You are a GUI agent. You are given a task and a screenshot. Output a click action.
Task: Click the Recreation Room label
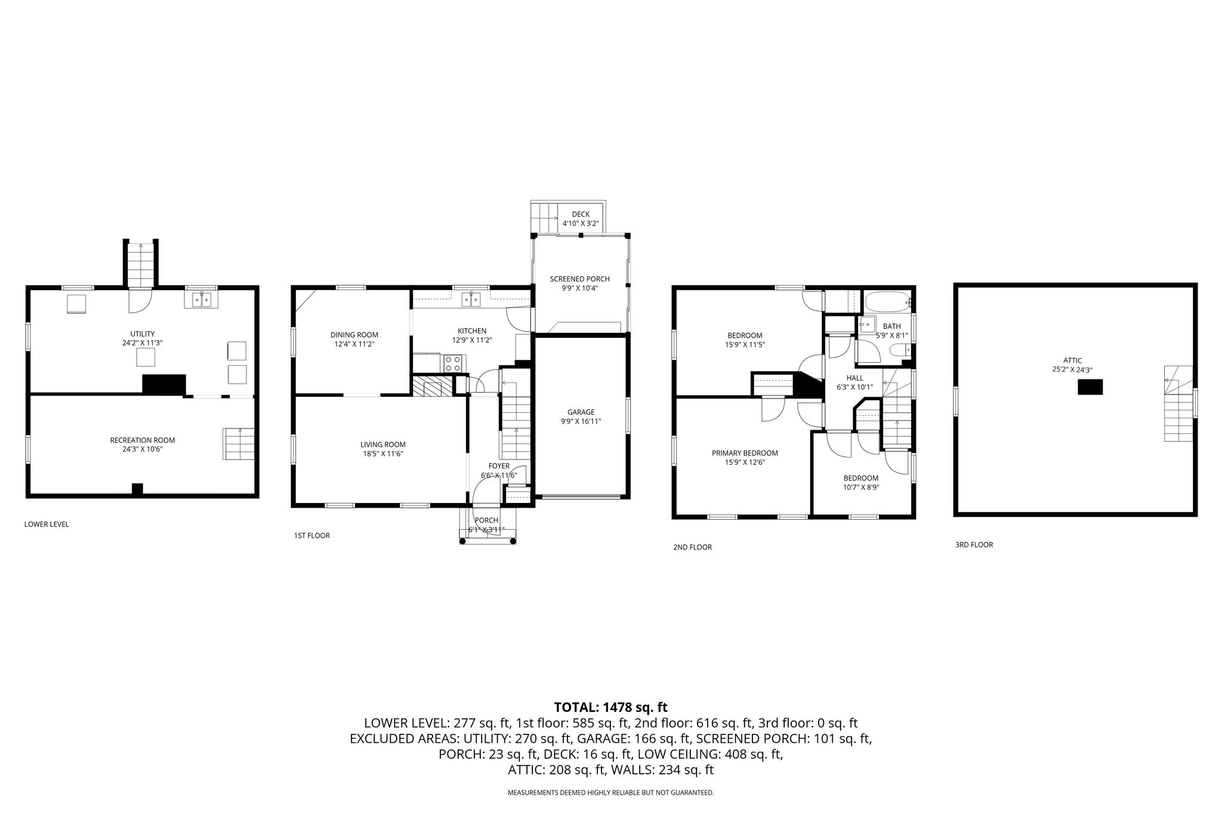point(143,440)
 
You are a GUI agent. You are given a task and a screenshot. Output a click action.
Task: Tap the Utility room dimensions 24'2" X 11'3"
point(143,343)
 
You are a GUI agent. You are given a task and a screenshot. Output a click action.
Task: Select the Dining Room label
point(354,335)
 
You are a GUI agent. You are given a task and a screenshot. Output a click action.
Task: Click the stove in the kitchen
point(453,363)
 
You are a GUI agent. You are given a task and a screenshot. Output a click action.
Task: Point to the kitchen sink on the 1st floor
point(471,299)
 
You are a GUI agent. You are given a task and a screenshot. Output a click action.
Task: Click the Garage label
point(581,412)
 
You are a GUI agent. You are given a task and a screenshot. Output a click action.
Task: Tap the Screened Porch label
point(580,279)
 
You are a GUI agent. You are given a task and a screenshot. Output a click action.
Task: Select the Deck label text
point(581,214)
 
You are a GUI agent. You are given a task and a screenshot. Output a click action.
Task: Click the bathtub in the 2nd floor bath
point(888,302)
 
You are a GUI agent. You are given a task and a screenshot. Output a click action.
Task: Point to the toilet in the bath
point(899,350)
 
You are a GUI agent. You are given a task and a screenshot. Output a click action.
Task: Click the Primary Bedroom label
point(745,453)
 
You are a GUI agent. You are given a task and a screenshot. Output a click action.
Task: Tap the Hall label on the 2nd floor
point(855,378)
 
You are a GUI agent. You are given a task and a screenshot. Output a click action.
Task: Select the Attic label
point(1072,360)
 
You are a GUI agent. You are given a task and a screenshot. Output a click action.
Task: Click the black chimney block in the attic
point(1090,387)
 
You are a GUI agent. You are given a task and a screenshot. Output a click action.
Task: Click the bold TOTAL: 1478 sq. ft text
point(611,707)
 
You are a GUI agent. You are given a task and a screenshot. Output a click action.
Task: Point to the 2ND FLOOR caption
point(692,547)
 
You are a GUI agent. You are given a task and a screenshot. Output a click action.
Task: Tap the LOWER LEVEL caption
point(47,524)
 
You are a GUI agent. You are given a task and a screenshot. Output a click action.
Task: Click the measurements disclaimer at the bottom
point(611,793)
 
